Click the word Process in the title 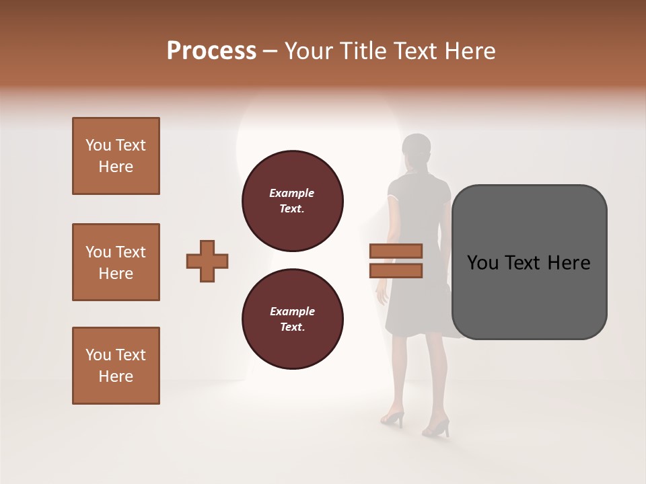pyautogui.click(x=211, y=51)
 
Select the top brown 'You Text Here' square pyautogui.click(x=116, y=156)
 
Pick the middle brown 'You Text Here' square pyautogui.click(x=116, y=262)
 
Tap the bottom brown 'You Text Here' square pyautogui.click(x=116, y=366)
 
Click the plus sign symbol pyautogui.click(x=207, y=261)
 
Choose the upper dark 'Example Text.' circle pyautogui.click(x=292, y=201)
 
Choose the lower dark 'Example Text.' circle pyautogui.click(x=292, y=319)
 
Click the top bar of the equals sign pyautogui.click(x=396, y=251)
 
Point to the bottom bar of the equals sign pyautogui.click(x=396, y=270)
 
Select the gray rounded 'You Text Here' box pyautogui.click(x=529, y=262)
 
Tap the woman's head pyautogui.click(x=416, y=149)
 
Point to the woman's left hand pyautogui.click(x=382, y=296)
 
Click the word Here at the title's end pyautogui.click(x=469, y=51)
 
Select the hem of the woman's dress pyautogui.click(x=417, y=333)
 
